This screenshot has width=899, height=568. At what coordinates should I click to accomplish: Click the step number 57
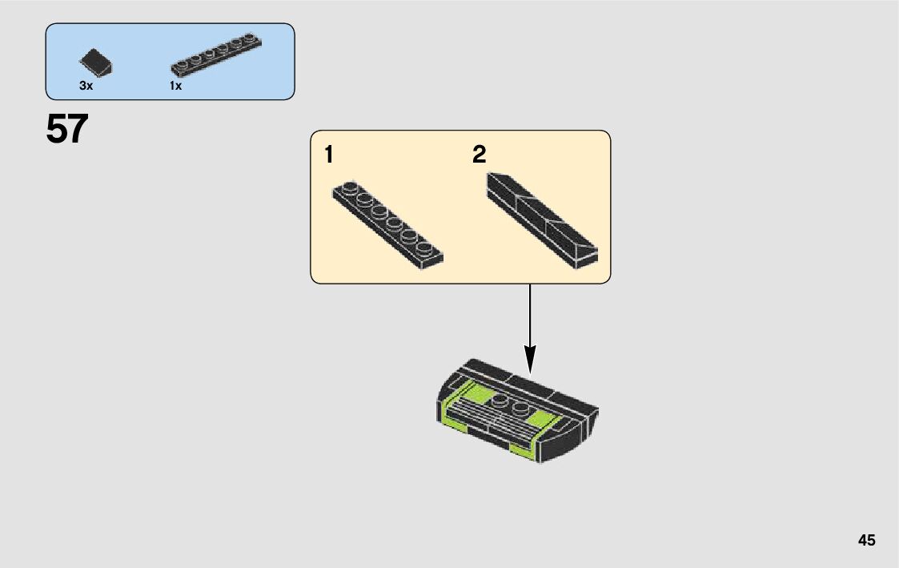point(67,129)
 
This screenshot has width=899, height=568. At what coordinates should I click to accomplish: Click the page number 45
point(866,540)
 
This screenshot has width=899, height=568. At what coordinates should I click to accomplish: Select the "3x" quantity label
point(86,86)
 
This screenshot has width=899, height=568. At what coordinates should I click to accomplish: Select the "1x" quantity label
point(175,86)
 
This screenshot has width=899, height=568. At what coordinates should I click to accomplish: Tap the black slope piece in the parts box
point(96,62)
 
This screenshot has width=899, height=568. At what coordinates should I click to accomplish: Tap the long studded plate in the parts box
point(215,55)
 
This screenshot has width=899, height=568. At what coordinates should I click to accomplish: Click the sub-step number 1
point(329,155)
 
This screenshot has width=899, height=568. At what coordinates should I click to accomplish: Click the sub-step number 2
point(479,155)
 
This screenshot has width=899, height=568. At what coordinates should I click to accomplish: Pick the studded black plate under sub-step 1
point(387,226)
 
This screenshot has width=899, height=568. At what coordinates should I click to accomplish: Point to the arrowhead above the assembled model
point(529,357)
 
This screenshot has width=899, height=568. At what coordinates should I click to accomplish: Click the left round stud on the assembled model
point(500,401)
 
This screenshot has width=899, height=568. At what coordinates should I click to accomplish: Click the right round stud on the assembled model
point(520,409)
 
